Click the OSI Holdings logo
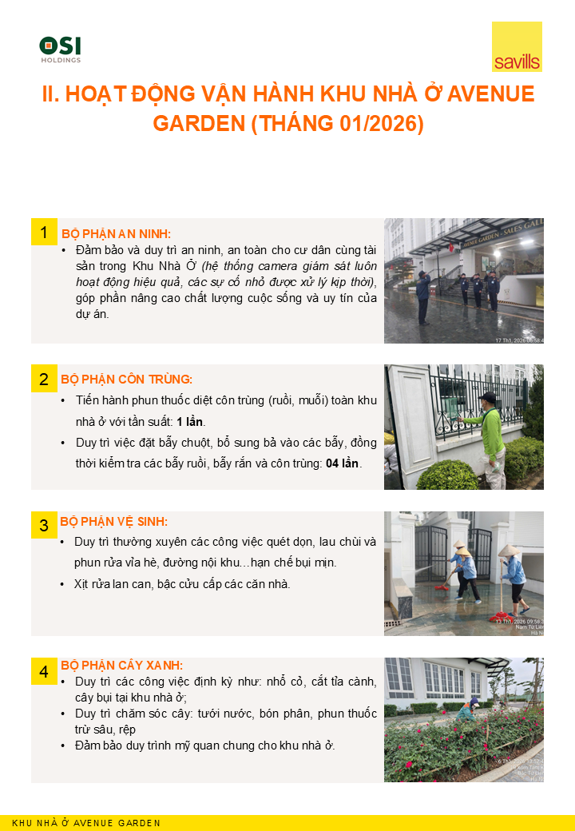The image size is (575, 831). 60,49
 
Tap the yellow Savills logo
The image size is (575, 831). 517,47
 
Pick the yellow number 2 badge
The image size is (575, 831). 44,379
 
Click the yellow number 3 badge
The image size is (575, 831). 44,525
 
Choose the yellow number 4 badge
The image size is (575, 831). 44,671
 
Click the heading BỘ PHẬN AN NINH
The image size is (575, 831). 116,233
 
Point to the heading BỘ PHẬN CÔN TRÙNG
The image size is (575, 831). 126,379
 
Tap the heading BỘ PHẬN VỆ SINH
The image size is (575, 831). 113,522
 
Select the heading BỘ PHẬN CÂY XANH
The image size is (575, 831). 121,665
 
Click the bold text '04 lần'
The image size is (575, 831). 343,463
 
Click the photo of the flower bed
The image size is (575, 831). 463,720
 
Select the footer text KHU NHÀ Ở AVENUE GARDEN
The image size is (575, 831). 86,823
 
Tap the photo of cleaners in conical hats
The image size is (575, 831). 463,573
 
